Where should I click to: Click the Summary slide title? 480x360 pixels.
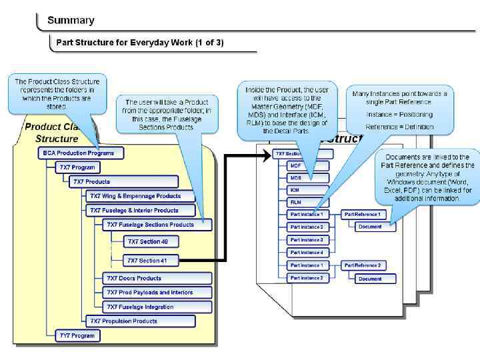point(71,21)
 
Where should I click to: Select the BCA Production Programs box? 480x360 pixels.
point(80,153)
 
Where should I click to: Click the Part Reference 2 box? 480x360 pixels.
point(363,265)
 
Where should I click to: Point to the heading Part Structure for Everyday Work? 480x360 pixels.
point(140,43)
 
